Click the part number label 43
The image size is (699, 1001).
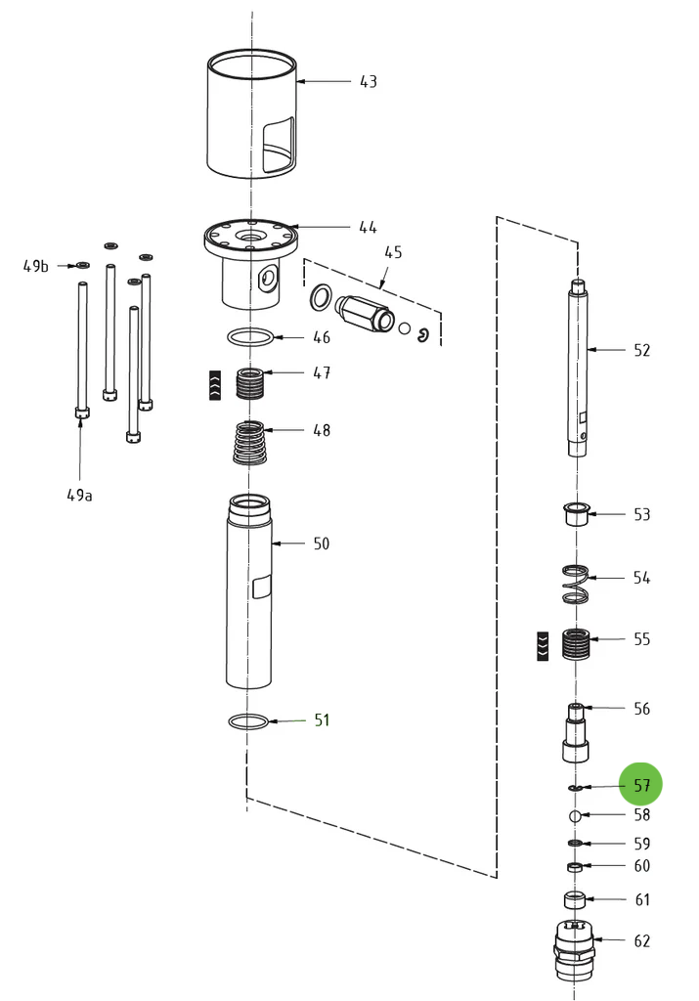pos(368,81)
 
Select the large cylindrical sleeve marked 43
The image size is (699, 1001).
pos(251,117)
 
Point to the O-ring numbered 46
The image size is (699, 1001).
pos(251,337)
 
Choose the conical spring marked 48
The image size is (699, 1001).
pos(251,442)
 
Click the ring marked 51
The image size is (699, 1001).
pos(248,721)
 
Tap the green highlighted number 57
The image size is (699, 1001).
pos(641,785)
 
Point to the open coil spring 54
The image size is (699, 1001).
pos(577,584)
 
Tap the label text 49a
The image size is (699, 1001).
pos(80,495)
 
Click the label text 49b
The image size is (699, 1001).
pos(36,265)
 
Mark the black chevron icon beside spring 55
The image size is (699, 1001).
pos(543,645)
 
